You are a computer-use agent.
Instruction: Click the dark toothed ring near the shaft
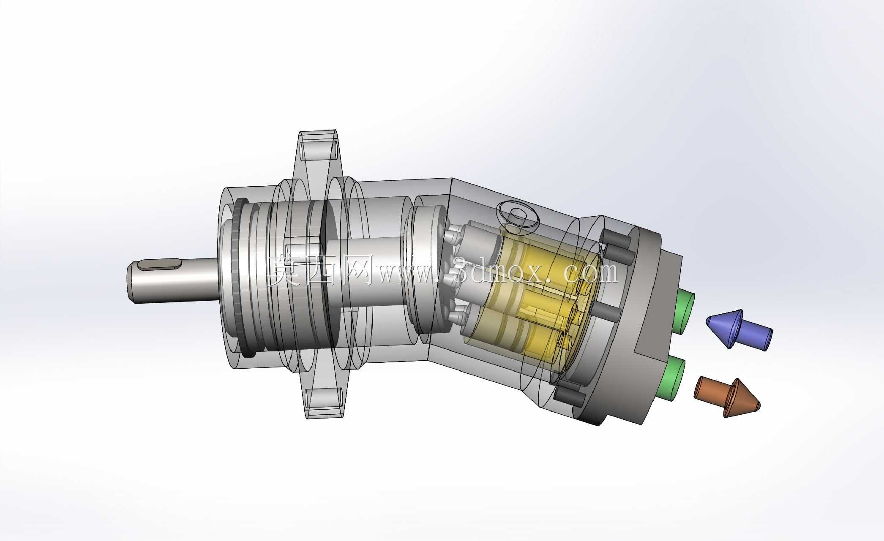tap(240, 279)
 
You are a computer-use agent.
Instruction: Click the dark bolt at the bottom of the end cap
tap(569, 397)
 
